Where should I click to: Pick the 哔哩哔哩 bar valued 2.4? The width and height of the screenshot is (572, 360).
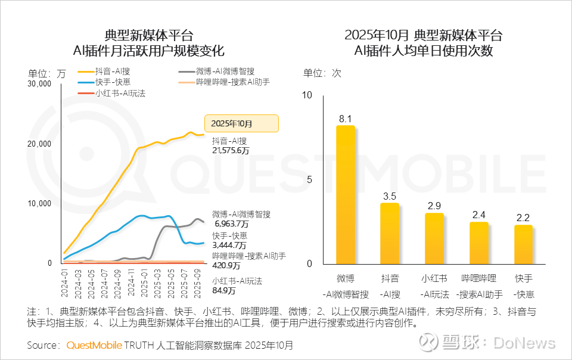[478, 243]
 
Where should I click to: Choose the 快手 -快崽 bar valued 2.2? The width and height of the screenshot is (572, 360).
[523, 244]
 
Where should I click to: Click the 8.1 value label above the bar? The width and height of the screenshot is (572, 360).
[345, 119]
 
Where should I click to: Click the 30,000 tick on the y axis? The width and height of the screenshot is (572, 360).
[39, 84]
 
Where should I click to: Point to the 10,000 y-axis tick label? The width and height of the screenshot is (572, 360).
[39, 203]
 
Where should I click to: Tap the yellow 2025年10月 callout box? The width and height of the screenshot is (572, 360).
[241, 123]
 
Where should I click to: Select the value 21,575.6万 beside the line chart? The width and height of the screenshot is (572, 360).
[231, 151]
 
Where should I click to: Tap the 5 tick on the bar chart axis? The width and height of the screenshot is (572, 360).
[308, 179]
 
